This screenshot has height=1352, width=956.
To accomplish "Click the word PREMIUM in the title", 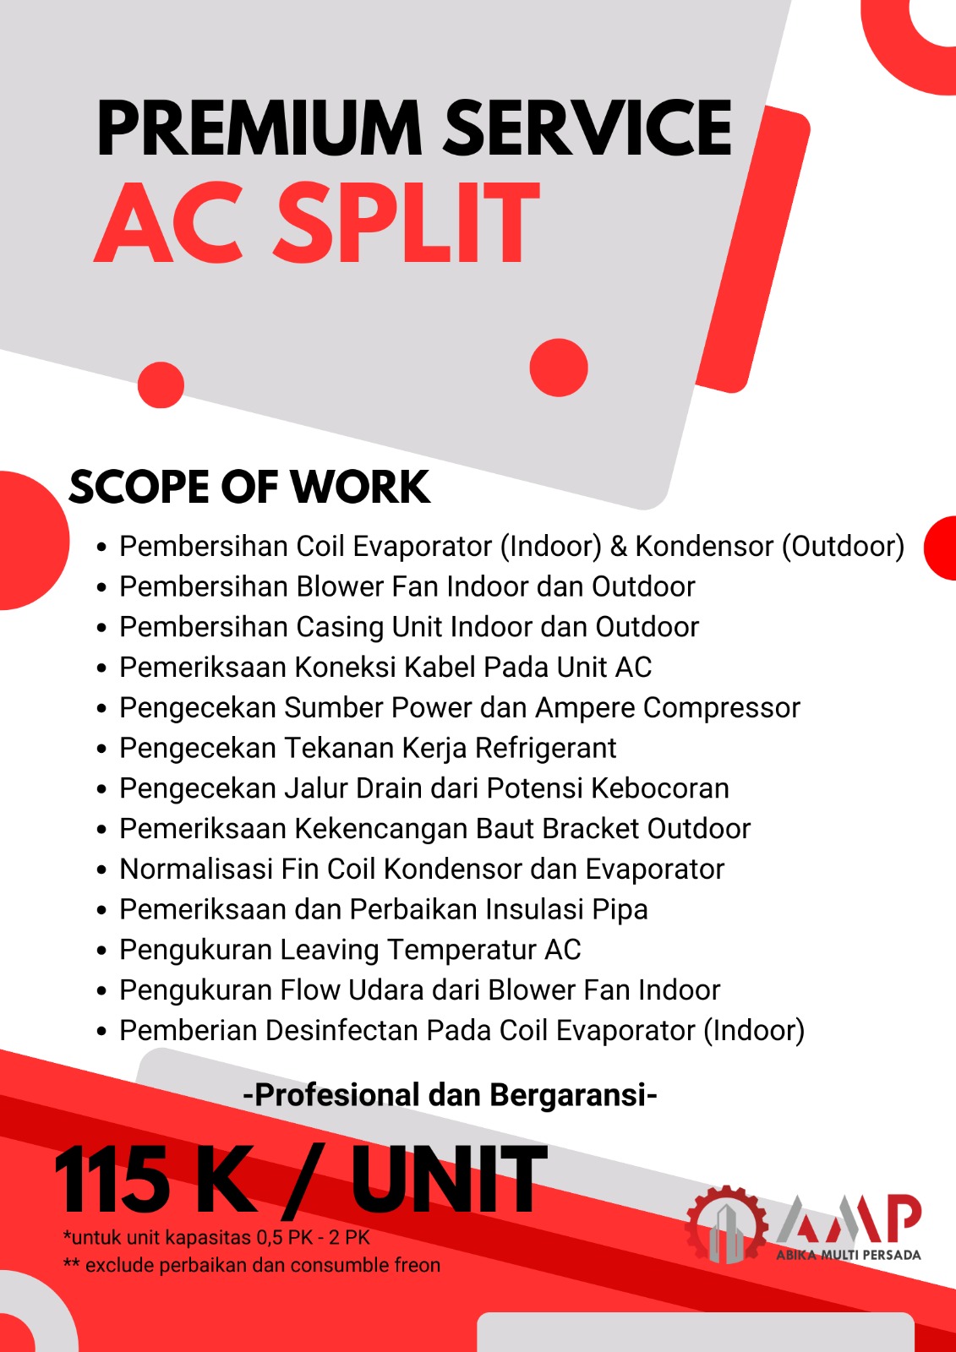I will (259, 128).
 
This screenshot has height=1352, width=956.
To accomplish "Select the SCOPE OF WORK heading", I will (249, 487).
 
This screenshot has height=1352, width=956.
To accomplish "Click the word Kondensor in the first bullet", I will (703, 547).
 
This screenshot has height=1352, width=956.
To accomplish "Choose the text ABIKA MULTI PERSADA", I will (848, 1255).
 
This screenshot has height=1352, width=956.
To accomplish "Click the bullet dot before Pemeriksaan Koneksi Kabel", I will (101, 668).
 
